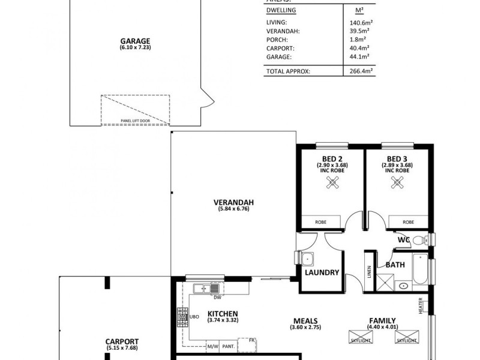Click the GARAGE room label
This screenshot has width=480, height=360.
135,41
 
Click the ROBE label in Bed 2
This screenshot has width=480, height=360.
321,223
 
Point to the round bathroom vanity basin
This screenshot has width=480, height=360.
402,285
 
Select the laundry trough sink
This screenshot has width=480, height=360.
307,259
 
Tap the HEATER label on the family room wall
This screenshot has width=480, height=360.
422,305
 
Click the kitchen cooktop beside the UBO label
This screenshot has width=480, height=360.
182,317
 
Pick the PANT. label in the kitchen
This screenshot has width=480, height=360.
228,346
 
